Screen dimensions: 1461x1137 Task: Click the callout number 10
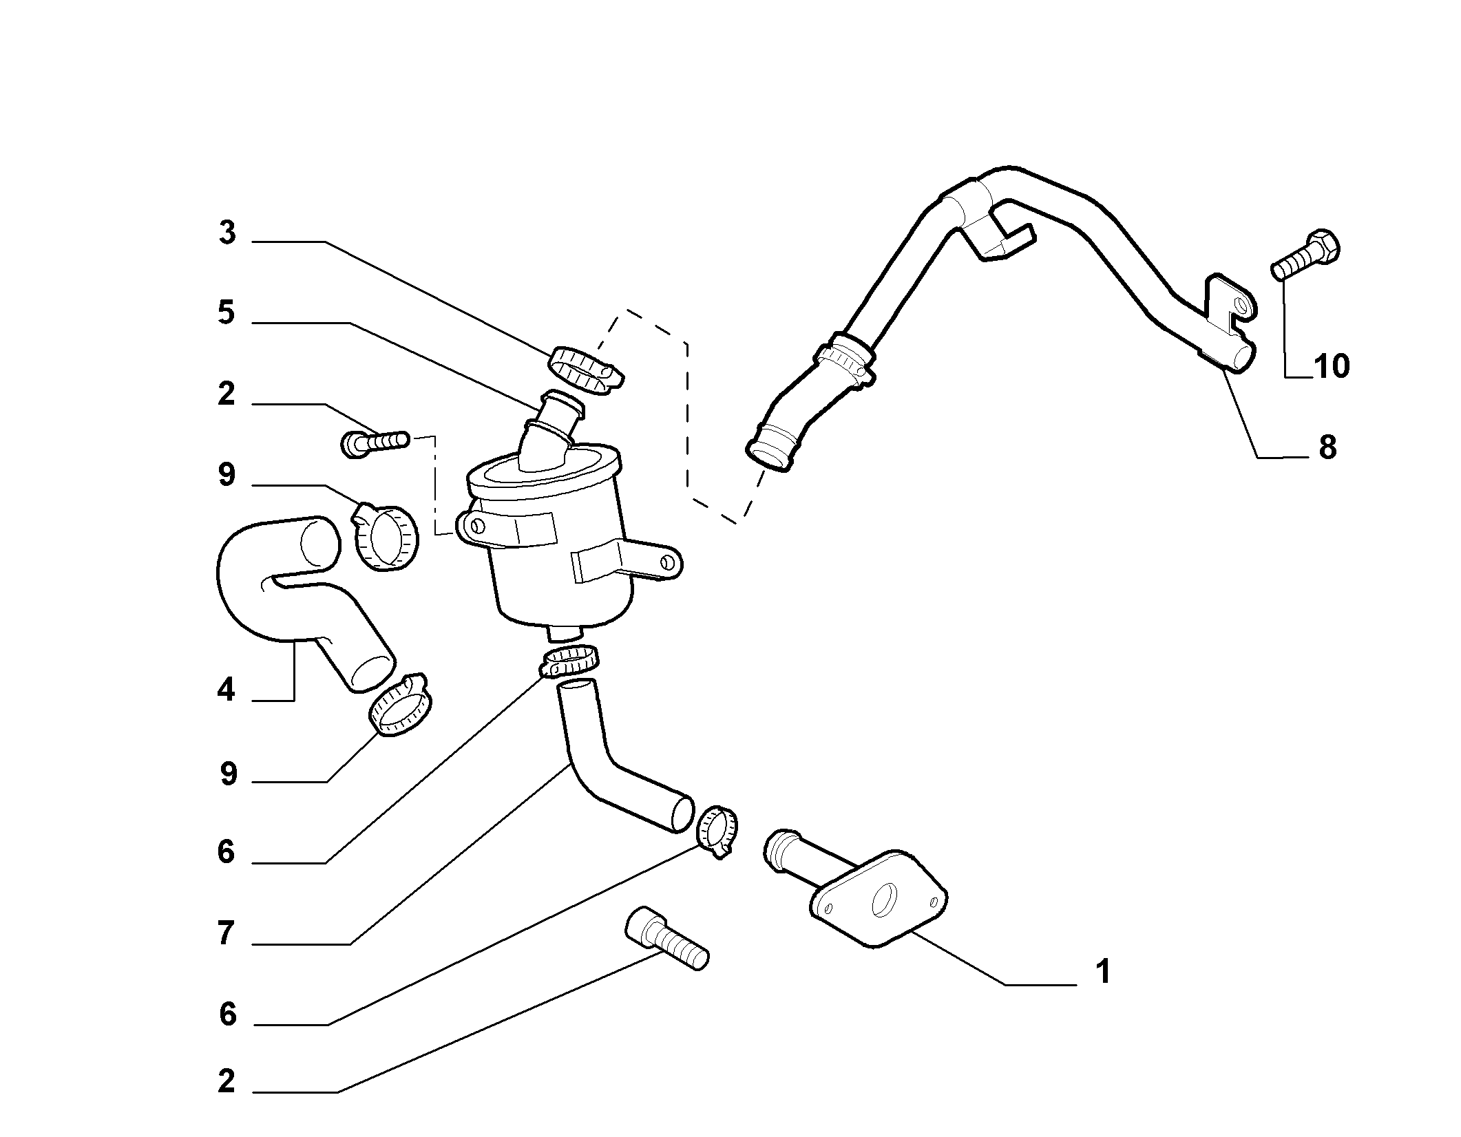(1331, 366)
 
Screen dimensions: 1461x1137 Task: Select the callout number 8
(1327, 447)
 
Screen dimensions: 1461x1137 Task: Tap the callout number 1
(1102, 972)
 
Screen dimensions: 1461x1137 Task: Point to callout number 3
(227, 233)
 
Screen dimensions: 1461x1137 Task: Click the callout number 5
(227, 313)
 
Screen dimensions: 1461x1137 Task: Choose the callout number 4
(227, 689)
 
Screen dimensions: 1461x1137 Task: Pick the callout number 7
(227, 934)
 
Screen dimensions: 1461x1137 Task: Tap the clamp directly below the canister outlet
(570, 662)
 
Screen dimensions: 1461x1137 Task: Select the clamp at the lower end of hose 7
(718, 830)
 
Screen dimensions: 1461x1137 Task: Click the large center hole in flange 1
(884, 900)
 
